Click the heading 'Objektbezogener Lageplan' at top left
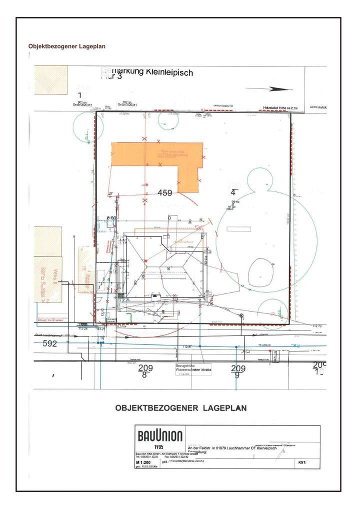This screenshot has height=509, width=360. [x=66, y=46]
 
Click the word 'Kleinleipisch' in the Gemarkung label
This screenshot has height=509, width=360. [x=169, y=72]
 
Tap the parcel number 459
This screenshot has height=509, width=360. [x=165, y=192]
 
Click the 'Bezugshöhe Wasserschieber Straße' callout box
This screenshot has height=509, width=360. [x=193, y=368]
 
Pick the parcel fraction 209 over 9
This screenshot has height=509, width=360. [x=238, y=371]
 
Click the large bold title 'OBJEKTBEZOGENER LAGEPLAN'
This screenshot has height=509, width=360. [x=181, y=407]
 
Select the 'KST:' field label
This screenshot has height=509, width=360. [x=301, y=463]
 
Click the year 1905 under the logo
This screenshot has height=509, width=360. [x=159, y=446]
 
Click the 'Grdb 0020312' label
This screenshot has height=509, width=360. [x=82, y=104]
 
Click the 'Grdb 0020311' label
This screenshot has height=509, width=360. [x=127, y=104]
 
